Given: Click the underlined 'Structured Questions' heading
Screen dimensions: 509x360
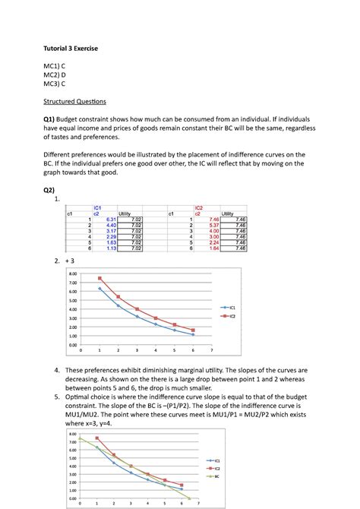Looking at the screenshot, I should click(x=74, y=101).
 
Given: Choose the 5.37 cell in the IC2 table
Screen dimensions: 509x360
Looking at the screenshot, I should click(x=213, y=225).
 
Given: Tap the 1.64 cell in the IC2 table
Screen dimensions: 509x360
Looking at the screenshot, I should click(x=213, y=248).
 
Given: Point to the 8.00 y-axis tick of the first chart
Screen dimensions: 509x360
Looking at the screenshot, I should click(x=74, y=273).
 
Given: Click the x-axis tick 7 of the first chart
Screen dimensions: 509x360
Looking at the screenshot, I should click(x=211, y=350).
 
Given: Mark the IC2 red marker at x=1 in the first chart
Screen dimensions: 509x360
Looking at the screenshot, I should click(x=99, y=279).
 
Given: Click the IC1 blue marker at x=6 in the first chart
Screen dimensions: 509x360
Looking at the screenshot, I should click(x=193, y=334).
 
